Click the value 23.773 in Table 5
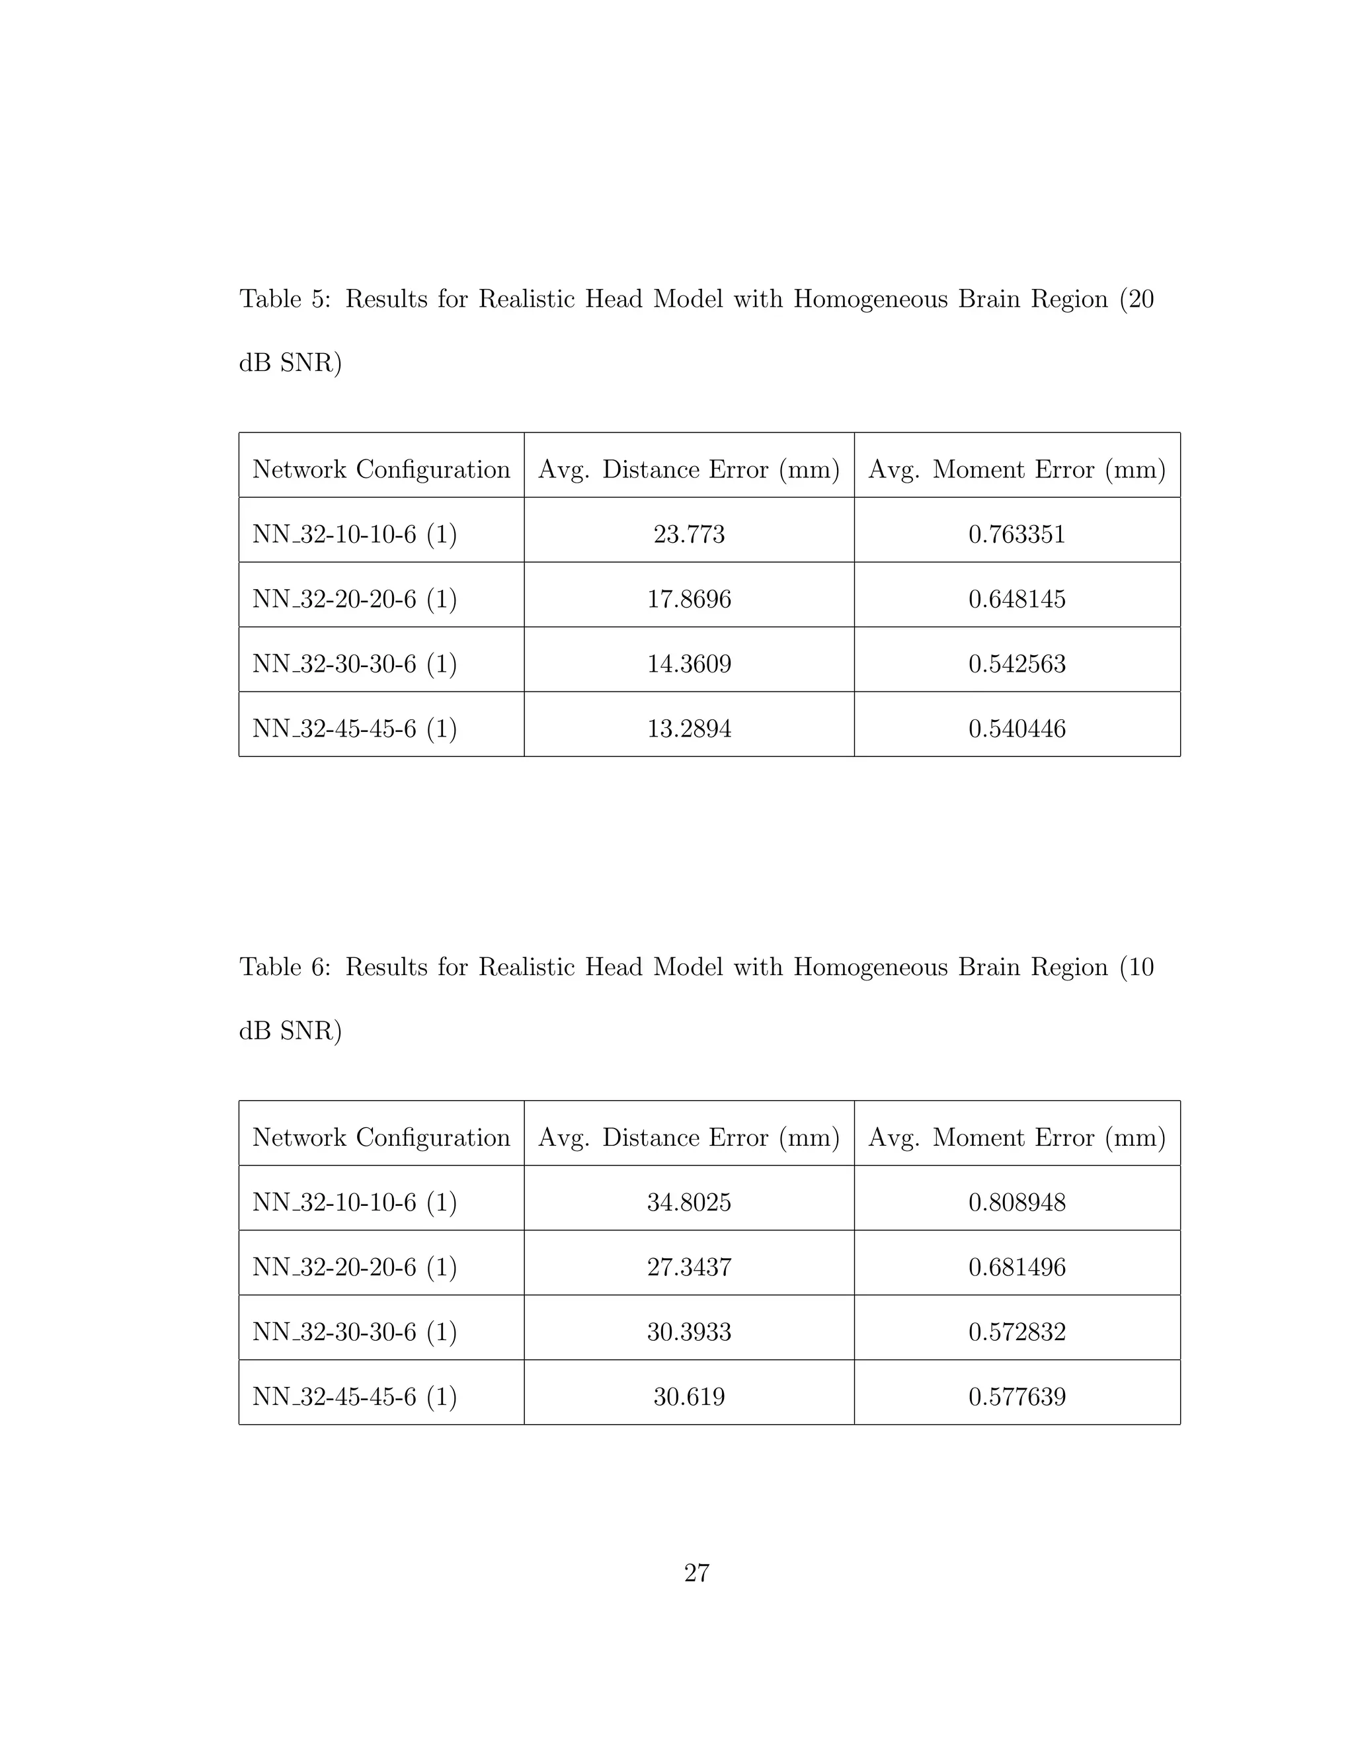point(688,534)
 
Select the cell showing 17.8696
point(688,599)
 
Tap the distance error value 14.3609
point(688,664)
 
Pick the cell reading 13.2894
point(688,729)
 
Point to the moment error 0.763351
point(1016,534)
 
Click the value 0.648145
point(1016,599)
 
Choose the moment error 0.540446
point(1016,729)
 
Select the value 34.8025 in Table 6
point(688,1203)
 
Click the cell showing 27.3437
point(688,1267)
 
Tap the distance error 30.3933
point(688,1332)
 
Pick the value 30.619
point(688,1396)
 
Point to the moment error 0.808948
point(1016,1203)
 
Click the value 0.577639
point(1016,1396)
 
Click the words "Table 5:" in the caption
point(285,299)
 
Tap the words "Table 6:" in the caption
point(285,967)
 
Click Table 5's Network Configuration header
point(381,469)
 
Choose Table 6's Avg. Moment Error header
point(1016,1138)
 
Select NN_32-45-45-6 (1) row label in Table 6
point(354,1396)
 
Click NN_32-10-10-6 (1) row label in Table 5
point(354,534)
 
